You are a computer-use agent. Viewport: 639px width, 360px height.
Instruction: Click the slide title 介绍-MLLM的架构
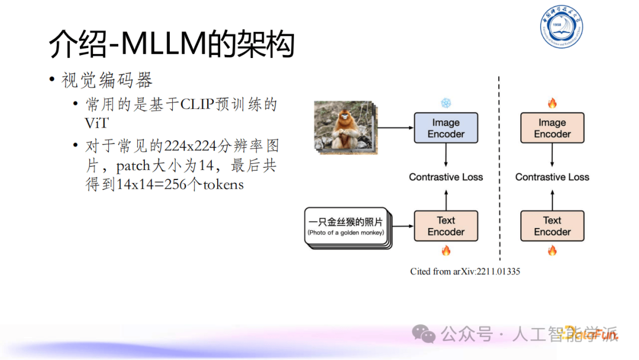(x=172, y=44)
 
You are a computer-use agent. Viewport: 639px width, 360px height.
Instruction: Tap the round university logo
(x=561, y=29)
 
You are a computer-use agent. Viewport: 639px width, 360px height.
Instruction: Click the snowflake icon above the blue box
(x=446, y=103)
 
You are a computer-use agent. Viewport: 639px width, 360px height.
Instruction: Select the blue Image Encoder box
(x=446, y=128)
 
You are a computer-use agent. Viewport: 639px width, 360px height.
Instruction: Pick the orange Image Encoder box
(x=552, y=128)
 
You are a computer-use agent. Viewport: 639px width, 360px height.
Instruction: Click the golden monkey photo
(x=343, y=125)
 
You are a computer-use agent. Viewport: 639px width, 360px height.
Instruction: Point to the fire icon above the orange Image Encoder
(x=552, y=104)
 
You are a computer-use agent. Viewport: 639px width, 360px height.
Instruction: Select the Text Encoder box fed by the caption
(x=446, y=226)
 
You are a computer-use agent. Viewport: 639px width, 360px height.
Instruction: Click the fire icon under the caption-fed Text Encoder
(x=446, y=250)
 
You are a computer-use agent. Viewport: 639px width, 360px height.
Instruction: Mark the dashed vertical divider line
(x=500, y=172)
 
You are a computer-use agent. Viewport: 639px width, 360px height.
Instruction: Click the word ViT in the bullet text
(x=98, y=123)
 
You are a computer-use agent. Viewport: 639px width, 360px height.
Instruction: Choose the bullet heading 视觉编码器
(x=106, y=81)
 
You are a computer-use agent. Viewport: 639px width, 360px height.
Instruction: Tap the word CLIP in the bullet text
(x=197, y=105)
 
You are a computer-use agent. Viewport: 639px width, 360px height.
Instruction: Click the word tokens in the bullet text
(x=223, y=184)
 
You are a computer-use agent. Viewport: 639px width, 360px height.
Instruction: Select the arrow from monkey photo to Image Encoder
(x=395, y=127)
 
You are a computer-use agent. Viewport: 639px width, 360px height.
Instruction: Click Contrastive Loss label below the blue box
(x=446, y=177)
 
